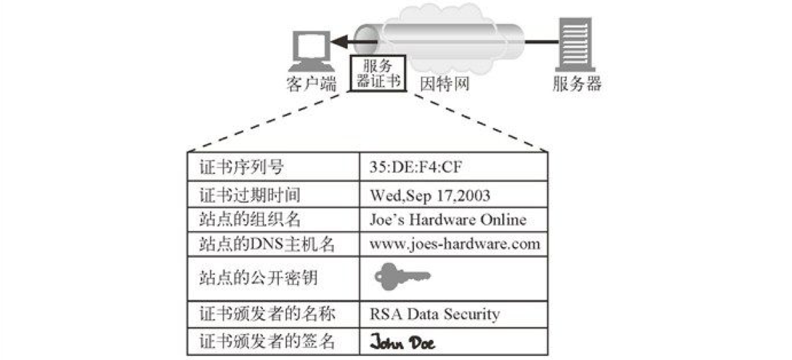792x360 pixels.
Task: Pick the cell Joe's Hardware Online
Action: [x=448, y=219]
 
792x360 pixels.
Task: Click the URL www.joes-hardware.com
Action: [x=454, y=244]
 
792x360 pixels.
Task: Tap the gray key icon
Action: [x=402, y=276]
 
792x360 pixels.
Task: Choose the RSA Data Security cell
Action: [x=434, y=313]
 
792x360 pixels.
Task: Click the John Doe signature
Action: [x=403, y=343]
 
